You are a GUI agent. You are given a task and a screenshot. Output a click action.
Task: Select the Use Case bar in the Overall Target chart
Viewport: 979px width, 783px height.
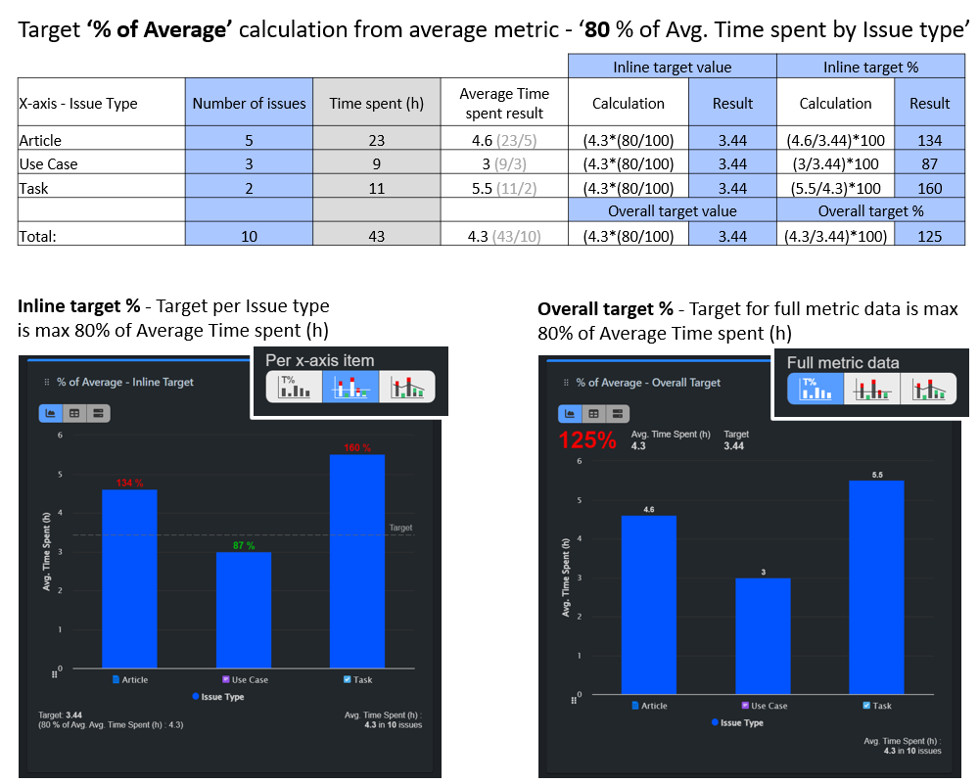tap(763, 635)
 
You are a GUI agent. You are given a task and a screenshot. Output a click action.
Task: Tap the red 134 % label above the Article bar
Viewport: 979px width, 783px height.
tap(129, 483)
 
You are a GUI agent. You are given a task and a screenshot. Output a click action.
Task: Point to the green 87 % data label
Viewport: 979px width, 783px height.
tap(244, 545)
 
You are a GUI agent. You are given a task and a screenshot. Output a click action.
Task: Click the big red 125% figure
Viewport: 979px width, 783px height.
tap(587, 439)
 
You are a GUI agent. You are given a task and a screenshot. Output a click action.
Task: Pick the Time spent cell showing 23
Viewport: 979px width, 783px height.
tap(377, 140)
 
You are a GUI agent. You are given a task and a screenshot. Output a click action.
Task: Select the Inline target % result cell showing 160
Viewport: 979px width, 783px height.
tap(929, 188)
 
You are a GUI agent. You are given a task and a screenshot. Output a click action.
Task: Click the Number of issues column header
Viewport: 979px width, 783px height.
tap(249, 103)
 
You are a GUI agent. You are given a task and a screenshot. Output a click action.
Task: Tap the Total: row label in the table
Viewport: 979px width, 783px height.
tap(39, 236)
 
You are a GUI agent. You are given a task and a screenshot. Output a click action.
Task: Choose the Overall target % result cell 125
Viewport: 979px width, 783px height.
tap(929, 236)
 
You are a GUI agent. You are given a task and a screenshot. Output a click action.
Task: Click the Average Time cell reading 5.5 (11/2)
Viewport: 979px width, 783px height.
tap(504, 188)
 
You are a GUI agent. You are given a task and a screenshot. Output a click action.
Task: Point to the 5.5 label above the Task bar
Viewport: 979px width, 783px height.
tap(876, 474)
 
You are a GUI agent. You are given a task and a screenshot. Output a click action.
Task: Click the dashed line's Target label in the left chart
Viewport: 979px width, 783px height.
tap(400, 528)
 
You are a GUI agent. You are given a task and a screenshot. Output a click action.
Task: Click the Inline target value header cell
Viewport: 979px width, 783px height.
tap(672, 68)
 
